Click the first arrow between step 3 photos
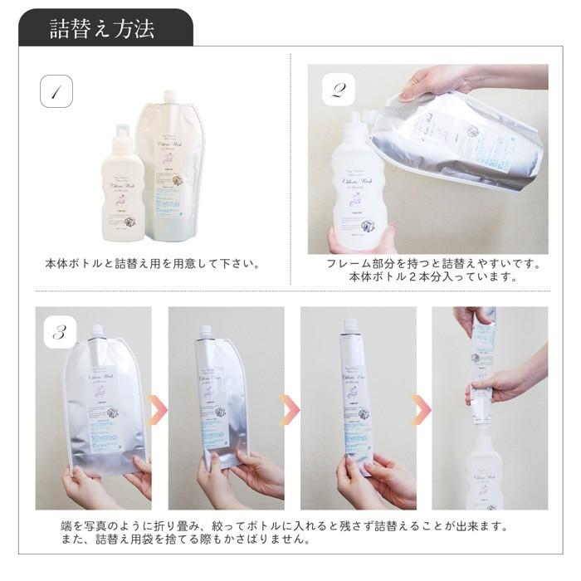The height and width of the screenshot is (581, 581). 157,408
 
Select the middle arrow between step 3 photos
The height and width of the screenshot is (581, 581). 290,408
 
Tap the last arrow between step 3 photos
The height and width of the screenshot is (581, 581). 422,408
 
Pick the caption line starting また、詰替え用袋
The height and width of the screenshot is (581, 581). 178,540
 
